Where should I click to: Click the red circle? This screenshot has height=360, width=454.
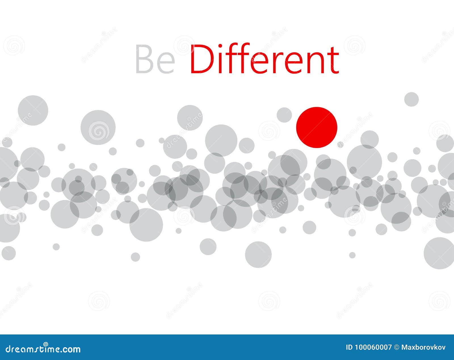(x=317, y=127)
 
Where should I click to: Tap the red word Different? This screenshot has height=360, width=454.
(x=264, y=59)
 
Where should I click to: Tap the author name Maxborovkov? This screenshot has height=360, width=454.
(x=423, y=348)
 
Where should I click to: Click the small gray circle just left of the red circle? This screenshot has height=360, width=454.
(x=284, y=115)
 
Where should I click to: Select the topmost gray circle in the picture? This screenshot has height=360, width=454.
(x=411, y=99)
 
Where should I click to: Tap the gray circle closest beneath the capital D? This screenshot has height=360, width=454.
(x=190, y=118)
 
